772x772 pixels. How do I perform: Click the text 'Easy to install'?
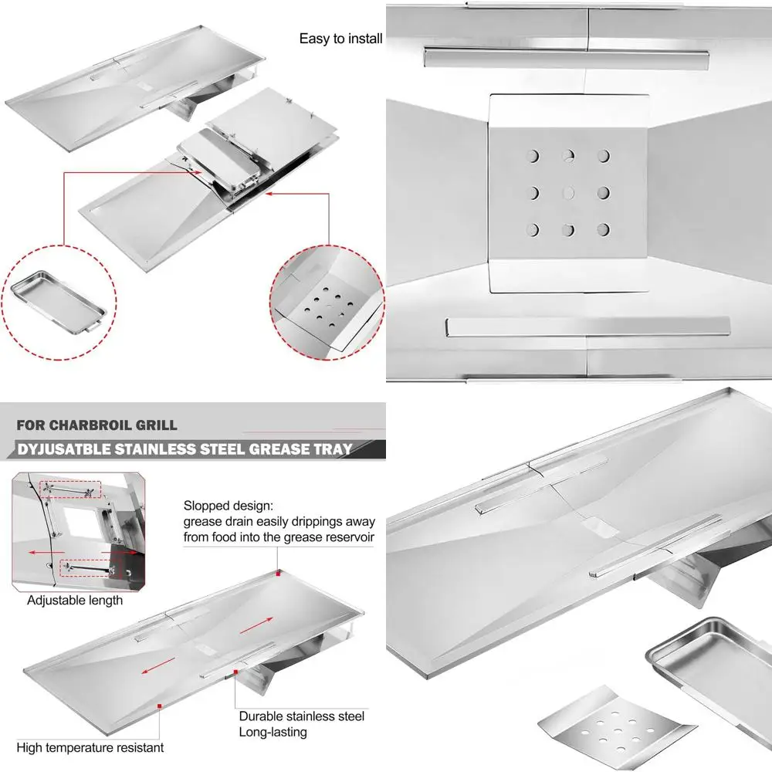coord(340,39)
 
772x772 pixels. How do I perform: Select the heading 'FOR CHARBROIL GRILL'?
coord(97,425)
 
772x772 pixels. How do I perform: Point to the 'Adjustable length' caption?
coord(75,600)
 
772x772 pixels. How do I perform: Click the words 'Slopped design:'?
coord(227,506)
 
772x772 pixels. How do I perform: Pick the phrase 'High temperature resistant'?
coord(90,747)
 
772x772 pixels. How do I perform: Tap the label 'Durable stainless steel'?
coord(301,716)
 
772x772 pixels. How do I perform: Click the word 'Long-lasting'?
coord(273,732)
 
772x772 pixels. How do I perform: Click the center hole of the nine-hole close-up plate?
coord(569,192)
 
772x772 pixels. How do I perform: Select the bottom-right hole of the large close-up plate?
coord(604,229)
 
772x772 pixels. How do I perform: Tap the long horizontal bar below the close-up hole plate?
coord(587,327)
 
